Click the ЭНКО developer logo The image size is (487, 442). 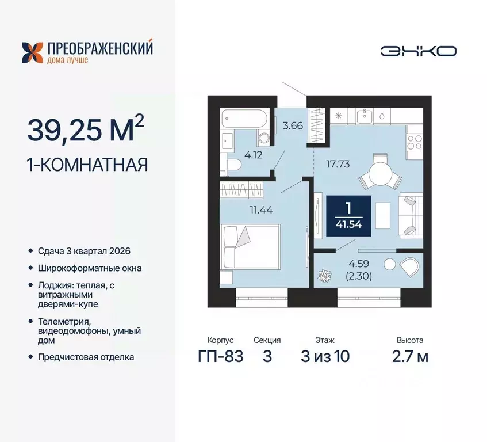(418, 51)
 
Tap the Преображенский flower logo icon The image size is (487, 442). (32, 52)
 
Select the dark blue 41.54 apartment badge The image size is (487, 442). (348, 215)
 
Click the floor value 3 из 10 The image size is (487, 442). (325, 356)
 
